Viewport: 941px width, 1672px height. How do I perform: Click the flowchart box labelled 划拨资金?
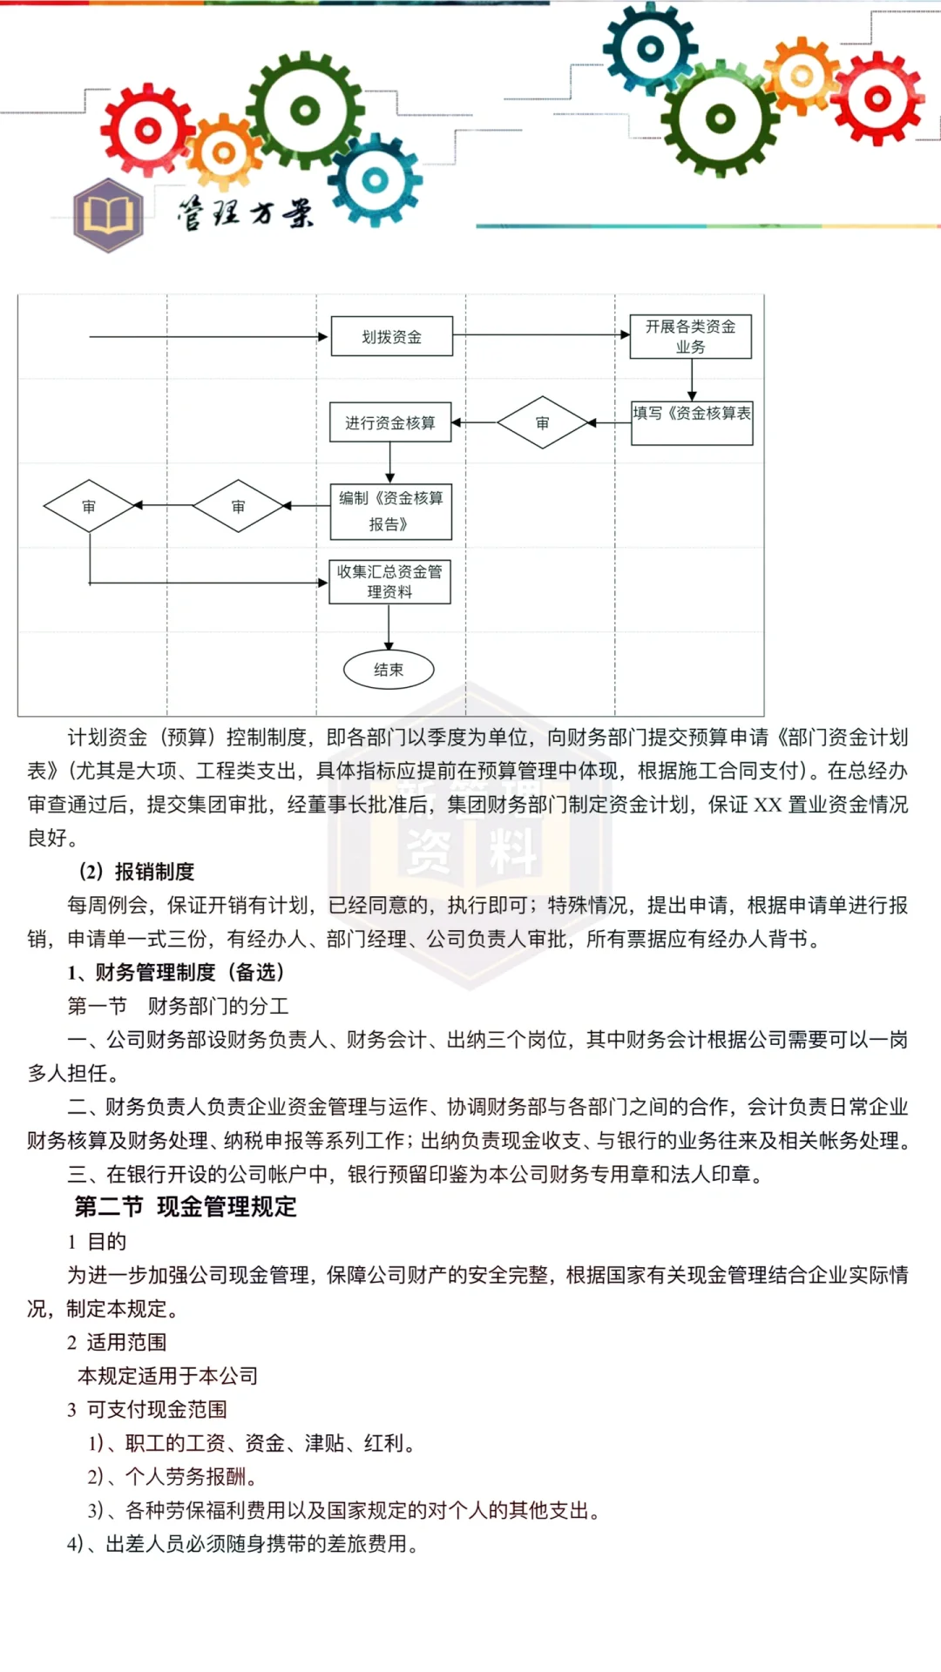pos(391,336)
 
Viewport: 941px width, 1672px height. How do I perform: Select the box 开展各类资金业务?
pos(690,337)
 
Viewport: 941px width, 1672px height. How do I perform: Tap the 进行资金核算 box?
pos(390,422)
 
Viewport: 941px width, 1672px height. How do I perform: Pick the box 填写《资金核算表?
pos(692,423)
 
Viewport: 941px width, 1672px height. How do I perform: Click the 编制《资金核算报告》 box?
pos(390,511)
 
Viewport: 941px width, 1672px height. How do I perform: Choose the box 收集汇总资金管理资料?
pos(389,582)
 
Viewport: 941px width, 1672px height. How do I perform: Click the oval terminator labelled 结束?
pos(389,670)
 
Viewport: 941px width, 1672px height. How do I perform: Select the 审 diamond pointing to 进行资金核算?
pos(542,422)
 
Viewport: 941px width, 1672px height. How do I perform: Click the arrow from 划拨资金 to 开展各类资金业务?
pos(540,335)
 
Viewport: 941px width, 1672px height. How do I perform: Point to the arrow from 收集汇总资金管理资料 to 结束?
pos(389,627)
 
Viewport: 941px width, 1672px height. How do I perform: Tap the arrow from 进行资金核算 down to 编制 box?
pos(389,462)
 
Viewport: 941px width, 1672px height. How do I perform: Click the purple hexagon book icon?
pos(108,214)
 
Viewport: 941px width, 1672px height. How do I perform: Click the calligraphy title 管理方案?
pos(246,212)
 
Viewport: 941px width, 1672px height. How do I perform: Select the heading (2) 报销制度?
pos(137,872)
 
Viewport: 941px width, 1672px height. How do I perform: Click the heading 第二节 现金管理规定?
pos(186,1207)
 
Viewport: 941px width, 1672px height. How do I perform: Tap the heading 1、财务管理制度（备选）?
pos(176,973)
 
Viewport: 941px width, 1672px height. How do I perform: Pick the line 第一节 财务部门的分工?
pos(179,1007)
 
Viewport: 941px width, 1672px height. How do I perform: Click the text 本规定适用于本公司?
pos(168,1376)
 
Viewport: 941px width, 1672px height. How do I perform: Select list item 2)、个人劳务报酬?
pos(172,1477)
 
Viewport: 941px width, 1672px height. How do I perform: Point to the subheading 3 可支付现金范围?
pos(147,1410)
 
